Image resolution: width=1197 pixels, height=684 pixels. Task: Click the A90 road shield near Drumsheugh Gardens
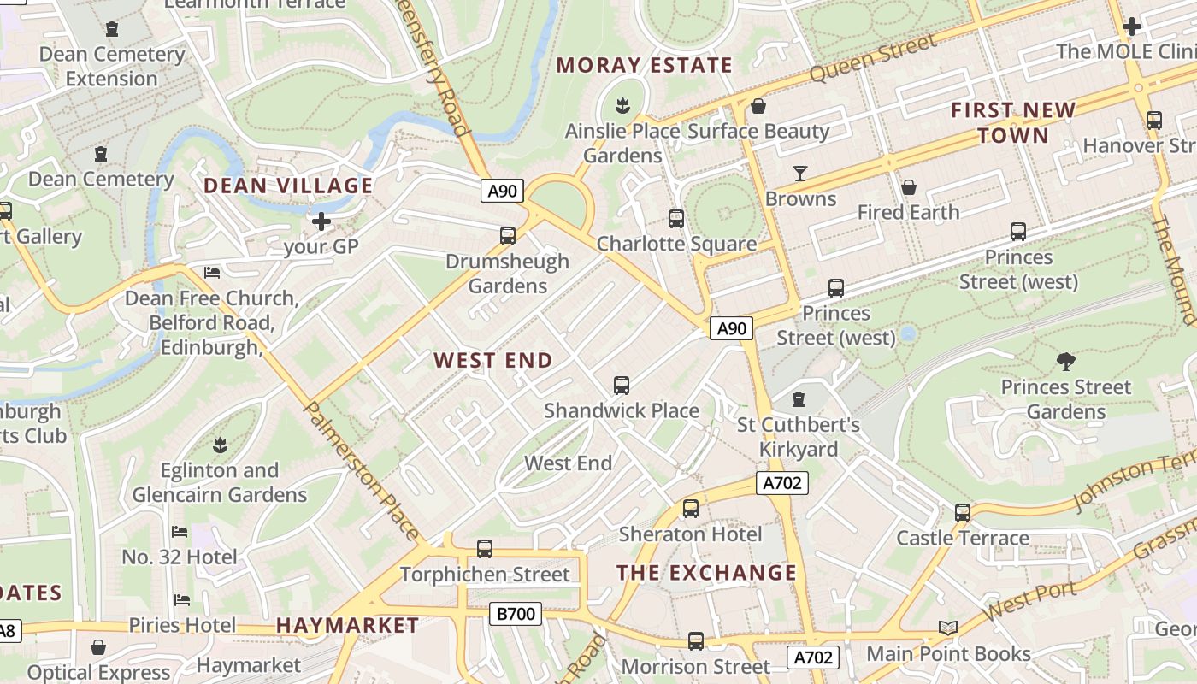click(x=502, y=191)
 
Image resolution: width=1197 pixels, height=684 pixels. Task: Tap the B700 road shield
click(x=516, y=613)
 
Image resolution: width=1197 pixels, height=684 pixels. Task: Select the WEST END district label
click(x=493, y=360)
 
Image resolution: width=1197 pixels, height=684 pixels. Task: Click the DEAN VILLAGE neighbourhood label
click(x=288, y=186)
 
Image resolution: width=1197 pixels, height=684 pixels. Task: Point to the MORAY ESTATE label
click(x=645, y=65)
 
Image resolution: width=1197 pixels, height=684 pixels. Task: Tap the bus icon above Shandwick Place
click(x=622, y=386)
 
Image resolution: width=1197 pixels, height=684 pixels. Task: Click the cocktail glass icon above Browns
click(x=800, y=174)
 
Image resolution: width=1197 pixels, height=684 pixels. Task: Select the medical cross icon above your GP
click(x=321, y=222)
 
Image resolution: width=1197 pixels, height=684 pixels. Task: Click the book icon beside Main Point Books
click(x=947, y=628)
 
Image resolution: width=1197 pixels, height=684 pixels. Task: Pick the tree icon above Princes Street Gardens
click(x=1065, y=361)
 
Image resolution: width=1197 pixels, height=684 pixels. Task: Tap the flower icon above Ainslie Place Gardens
click(x=622, y=107)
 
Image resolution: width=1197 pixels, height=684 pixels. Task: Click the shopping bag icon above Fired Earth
click(x=908, y=186)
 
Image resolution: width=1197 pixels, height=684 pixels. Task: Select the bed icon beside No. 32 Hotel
click(x=180, y=532)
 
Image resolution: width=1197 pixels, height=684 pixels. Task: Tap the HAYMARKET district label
click(x=347, y=626)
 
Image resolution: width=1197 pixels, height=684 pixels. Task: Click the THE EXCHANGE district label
click(x=706, y=573)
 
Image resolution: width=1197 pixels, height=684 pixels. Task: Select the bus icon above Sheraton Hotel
click(x=690, y=509)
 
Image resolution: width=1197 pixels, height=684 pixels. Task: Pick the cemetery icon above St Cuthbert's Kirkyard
click(x=799, y=399)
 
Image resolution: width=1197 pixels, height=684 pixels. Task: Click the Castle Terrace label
click(x=962, y=539)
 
